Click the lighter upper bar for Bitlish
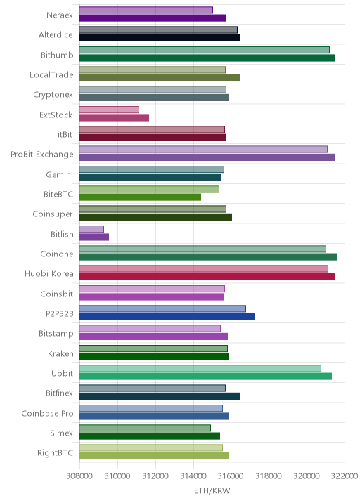(x=91, y=229)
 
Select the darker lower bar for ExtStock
(x=115, y=118)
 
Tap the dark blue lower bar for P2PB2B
(x=167, y=317)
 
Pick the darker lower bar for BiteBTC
(x=141, y=197)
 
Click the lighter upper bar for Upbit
(x=200, y=368)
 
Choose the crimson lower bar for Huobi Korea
(x=207, y=277)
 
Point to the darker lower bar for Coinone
(x=208, y=257)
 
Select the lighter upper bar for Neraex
(x=146, y=10)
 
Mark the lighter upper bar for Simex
(x=145, y=428)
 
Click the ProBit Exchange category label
(x=42, y=155)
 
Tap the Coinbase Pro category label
(x=48, y=414)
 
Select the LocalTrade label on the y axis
(x=51, y=74)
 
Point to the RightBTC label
(x=56, y=453)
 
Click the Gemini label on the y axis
(x=59, y=174)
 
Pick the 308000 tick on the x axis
(x=79, y=476)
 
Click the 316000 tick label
(x=231, y=476)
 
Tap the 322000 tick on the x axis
(x=345, y=476)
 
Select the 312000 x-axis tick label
(x=155, y=476)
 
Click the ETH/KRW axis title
(x=212, y=491)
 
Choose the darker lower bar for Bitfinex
(x=160, y=396)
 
